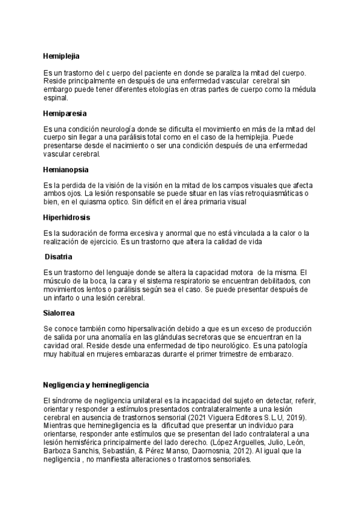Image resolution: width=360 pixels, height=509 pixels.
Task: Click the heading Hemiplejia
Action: [61, 56]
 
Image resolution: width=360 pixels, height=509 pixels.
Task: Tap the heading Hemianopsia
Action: [68, 169]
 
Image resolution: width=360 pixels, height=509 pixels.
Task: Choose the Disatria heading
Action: [59, 257]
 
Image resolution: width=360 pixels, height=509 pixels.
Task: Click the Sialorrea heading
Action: [59, 313]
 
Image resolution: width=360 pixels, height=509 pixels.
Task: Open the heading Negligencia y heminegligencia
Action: [96, 384]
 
